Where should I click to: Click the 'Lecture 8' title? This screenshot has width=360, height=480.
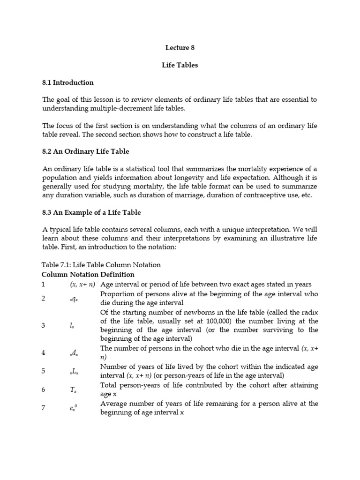coord(180,47)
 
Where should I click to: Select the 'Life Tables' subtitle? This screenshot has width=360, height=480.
coord(180,65)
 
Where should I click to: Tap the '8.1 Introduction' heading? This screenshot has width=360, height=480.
coord(68,82)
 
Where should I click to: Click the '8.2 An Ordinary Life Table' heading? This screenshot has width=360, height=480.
coord(85,151)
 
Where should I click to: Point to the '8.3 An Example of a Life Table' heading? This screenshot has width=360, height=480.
coord(91,213)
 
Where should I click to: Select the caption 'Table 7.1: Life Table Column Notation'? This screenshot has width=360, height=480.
coord(101,265)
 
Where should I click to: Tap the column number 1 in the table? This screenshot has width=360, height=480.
coord(44,285)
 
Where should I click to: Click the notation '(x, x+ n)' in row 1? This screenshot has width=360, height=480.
coord(82,285)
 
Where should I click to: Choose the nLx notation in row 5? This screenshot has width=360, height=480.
coord(74,371)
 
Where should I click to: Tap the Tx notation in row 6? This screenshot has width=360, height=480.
coord(73,390)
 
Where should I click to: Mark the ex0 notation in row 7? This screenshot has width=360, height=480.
coord(73,408)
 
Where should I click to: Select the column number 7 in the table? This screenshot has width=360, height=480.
coord(44,408)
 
